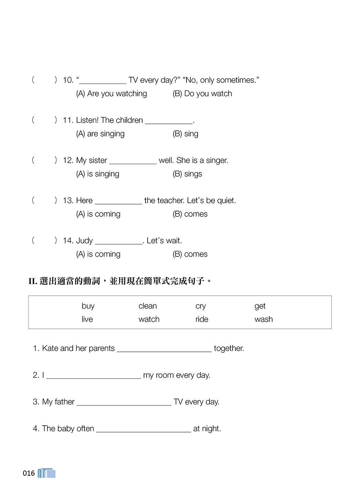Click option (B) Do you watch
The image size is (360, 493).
[x=202, y=94]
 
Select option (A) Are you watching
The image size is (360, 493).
[x=112, y=94]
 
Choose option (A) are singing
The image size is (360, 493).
[x=100, y=134]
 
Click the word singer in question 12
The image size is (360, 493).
[x=217, y=161]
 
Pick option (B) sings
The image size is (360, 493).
[x=187, y=174]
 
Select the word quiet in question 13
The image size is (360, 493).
[x=226, y=201]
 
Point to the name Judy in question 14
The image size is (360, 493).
[x=85, y=241]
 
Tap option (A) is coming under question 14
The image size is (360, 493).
[x=98, y=254]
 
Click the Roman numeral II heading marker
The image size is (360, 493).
[x=33, y=281]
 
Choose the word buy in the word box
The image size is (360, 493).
[x=88, y=306]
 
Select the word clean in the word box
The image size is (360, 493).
[x=148, y=306]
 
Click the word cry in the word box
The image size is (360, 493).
[x=201, y=306]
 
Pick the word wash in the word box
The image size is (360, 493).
[x=264, y=319]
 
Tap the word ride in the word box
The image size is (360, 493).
[x=202, y=319]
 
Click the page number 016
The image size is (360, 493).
[x=29, y=473]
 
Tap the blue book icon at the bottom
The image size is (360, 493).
[x=47, y=473]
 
